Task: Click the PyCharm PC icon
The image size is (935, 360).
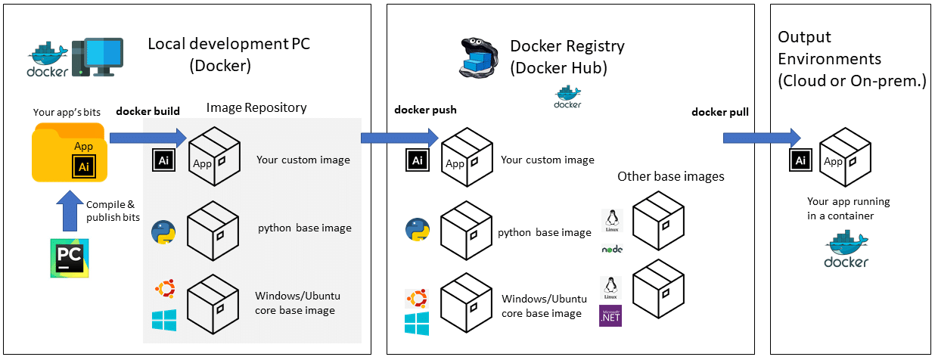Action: tap(69, 258)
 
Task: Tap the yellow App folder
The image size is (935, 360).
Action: tap(70, 154)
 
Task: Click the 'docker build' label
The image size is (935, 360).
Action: tap(148, 111)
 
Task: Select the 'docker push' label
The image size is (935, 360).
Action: tap(425, 110)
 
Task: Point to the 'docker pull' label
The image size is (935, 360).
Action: tap(719, 112)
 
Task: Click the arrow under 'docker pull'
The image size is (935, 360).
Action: tap(761, 137)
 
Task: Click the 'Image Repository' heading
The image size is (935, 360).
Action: tap(256, 107)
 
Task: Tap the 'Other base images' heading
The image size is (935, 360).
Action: tap(670, 176)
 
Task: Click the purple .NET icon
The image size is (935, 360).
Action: tap(610, 315)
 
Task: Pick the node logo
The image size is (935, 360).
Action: tap(611, 249)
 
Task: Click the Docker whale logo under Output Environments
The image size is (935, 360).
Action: tap(846, 250)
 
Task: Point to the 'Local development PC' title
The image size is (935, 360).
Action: tap(228, 44)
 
